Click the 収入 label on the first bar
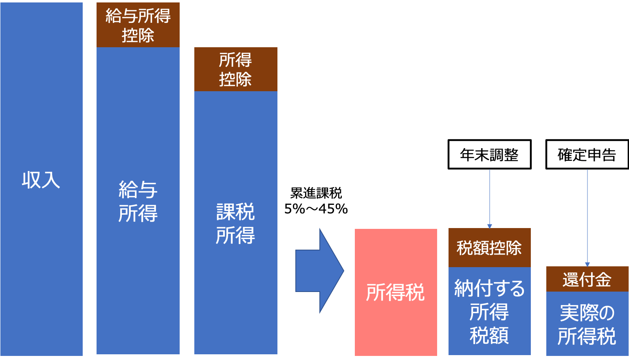[41, 180]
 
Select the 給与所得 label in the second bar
[138, 202]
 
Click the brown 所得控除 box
[235, 69]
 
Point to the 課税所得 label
[235, 224]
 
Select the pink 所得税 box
[396, 292]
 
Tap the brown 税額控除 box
[489, 248]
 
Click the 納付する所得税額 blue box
[489, 312]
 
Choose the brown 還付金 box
[587, 279]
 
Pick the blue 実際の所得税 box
[587, 324]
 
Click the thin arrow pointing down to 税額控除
[490, 195]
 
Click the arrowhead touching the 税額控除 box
[490, 226]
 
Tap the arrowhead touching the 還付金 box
[587, 264]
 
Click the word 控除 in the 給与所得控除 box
[138, 35]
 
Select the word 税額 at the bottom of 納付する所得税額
[489, 336]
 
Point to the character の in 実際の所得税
[607, 313]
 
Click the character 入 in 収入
[51, 180]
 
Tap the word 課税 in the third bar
[235, 212]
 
